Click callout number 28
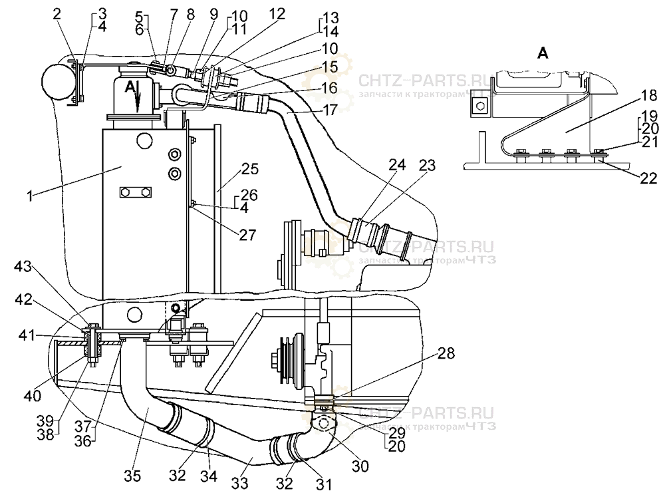click(x=447, y=354)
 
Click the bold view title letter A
click(x=543, y=55)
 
